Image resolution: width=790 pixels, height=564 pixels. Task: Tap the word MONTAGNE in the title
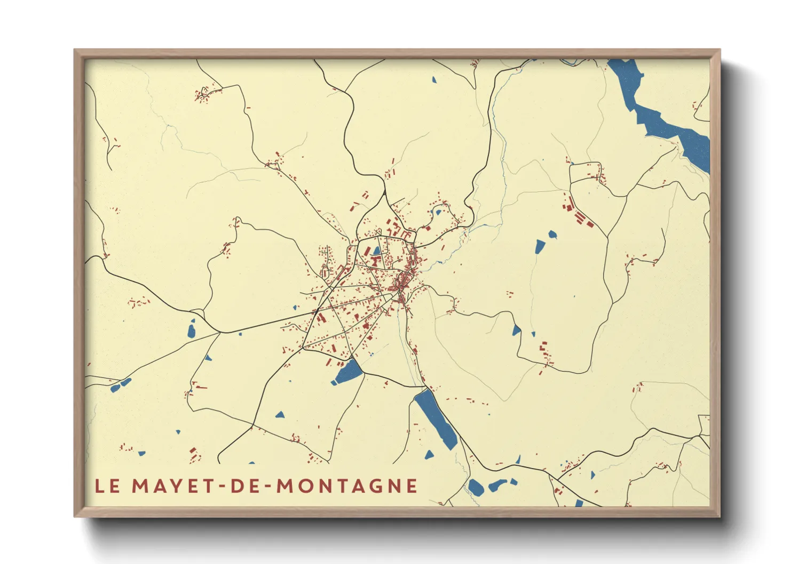click(x=347, y=486)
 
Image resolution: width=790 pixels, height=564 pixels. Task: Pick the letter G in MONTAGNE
click(x=378, y=486)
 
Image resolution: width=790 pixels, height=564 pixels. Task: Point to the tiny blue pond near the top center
click(x=433, y=80)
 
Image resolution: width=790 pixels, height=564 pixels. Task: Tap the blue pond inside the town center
click(x=377, y=251)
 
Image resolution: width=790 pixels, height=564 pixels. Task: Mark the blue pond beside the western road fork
click(x=192, y=329)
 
